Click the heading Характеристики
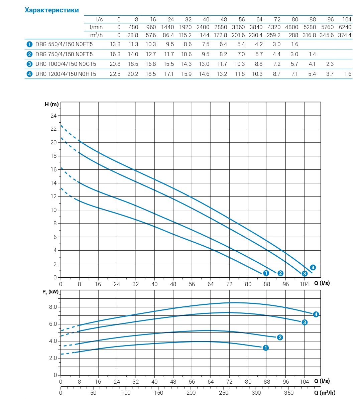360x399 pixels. coord(52,10)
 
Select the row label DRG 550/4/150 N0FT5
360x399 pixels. coord(64,44)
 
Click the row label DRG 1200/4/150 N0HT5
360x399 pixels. coord(66,74)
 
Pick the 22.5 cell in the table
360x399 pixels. coord(115,74)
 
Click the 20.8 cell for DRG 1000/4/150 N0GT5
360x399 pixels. coord(115,64)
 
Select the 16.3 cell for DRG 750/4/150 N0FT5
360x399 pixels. coord(115,54)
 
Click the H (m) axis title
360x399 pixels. coord(51,105)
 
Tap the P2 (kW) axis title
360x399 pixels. coord(50,292)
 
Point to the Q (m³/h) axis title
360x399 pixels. coord(325,393)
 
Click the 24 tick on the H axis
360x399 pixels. coord(53,116)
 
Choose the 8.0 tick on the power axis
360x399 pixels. coord(53,307)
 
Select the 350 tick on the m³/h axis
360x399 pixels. coord(289,393)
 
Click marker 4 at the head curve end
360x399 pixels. coord(313,267)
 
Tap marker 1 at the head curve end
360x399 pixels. coord(266,273)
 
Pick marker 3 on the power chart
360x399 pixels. coord(305,322)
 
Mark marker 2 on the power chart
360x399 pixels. coord(280,338)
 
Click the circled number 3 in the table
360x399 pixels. coord(29,64)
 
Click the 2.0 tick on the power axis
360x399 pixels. coord(53,358)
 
